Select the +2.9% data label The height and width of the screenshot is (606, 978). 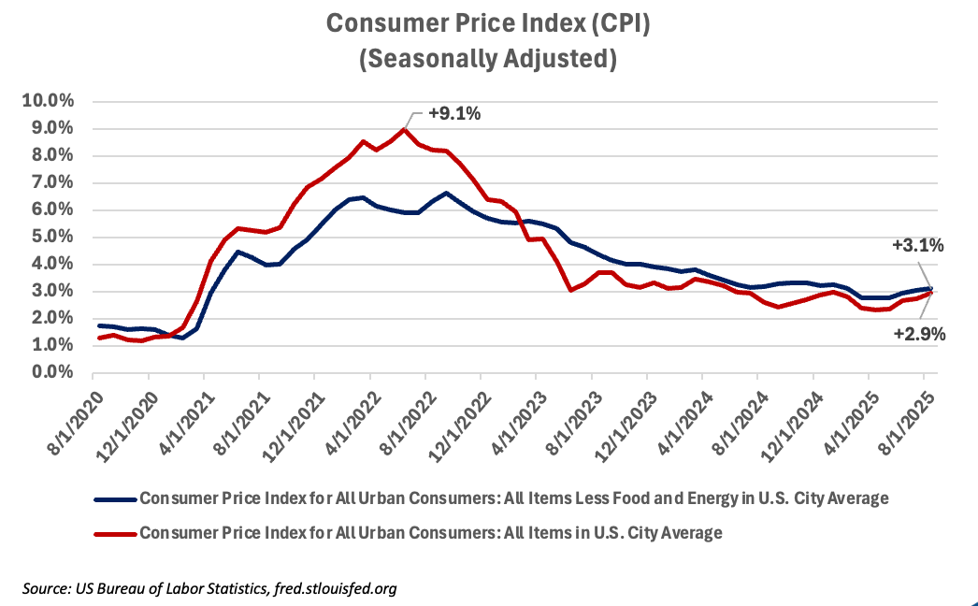(x=920, y=334)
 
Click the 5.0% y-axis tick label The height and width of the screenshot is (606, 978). (x=51, y=237)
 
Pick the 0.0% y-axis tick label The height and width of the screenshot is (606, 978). (x=51, y=372)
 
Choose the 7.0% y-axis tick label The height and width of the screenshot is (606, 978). (x=51, y=182)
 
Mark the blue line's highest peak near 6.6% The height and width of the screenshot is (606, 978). (x=446, y=193)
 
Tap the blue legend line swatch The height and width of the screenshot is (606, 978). (x=114, y=498)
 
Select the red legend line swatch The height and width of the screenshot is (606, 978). (x=114, y=533)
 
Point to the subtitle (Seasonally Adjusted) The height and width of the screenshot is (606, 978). (x=488, y=59)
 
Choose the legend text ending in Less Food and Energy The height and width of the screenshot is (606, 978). (x=513, y=498)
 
